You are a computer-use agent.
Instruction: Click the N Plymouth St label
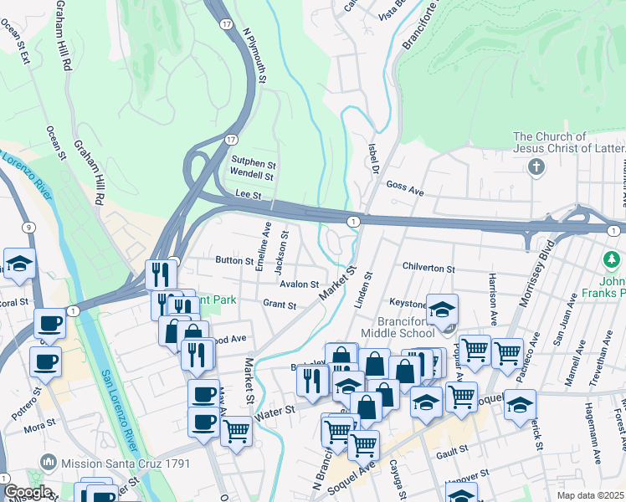pyautogui.click(x=254, y=57)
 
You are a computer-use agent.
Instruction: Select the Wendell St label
pyautogui.click(x=252, y=176)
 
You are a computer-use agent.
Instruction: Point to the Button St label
pyautogui.click(x=234, y=261)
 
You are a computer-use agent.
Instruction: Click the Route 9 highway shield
pyautogui.click(x=28, y=227)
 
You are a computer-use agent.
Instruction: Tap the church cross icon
pyautogui.click(x=536, y=167)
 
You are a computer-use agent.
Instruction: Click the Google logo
pyautogui.click(x=28, y=492)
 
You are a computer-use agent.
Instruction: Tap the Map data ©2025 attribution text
pyautogui.click(x=591, y=495)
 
